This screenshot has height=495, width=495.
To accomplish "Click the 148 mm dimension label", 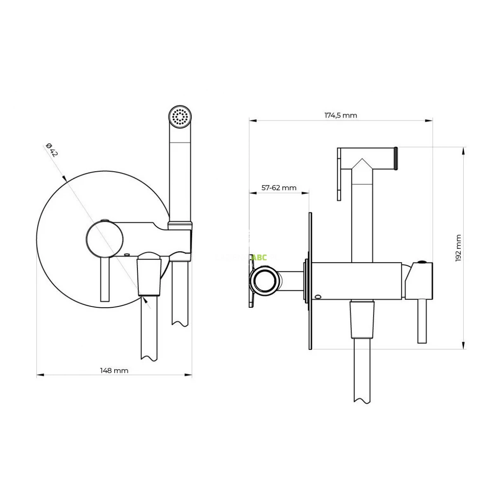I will click(114, 370).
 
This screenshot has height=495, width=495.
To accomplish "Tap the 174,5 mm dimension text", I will click(340, 115).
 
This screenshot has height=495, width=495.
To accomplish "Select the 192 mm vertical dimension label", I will click(459, 248).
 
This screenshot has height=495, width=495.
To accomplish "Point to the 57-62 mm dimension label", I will click(279, 188).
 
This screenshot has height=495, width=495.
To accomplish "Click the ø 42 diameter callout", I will click(52, 150).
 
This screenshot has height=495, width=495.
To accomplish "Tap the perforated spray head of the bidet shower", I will click(181, 117).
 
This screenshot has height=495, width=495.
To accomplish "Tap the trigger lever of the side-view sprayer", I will click(339, 173).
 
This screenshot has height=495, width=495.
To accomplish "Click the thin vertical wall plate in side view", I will click(310, 280).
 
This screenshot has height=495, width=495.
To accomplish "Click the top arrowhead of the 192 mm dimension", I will click(464, 150).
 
